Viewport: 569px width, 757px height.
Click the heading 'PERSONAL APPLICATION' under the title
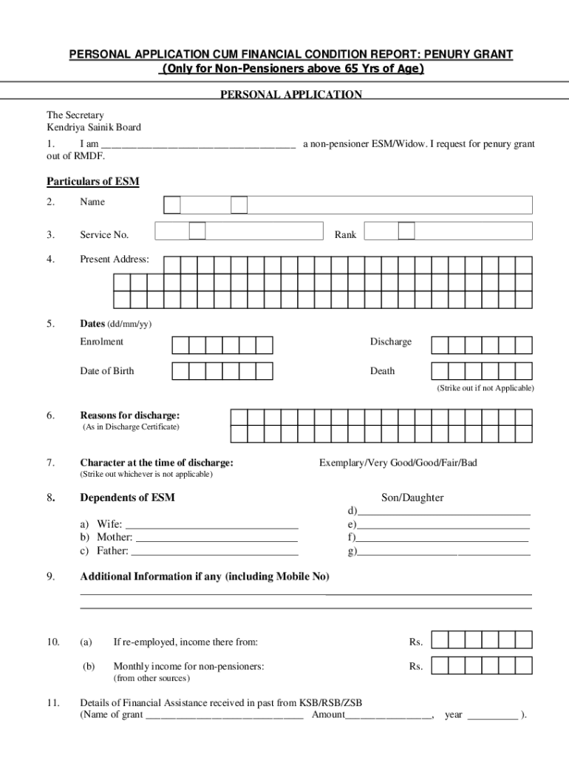(291, 95)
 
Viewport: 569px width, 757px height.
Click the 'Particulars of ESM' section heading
(93, 181)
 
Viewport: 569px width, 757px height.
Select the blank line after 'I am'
(198, 145)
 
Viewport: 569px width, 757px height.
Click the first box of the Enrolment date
(180, 345)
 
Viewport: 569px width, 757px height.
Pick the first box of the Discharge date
(440, 345)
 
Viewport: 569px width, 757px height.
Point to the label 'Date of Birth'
(107, 371)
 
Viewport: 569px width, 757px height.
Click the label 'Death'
(382, 371)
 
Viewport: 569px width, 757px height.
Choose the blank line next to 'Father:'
(214, 551)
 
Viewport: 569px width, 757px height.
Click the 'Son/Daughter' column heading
(412, 498)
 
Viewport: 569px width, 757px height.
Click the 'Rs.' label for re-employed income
(415, 642)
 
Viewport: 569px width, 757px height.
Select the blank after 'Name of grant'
(225, 716)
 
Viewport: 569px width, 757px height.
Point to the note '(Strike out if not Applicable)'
(485, 388)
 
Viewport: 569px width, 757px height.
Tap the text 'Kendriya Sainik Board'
(94, 127)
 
